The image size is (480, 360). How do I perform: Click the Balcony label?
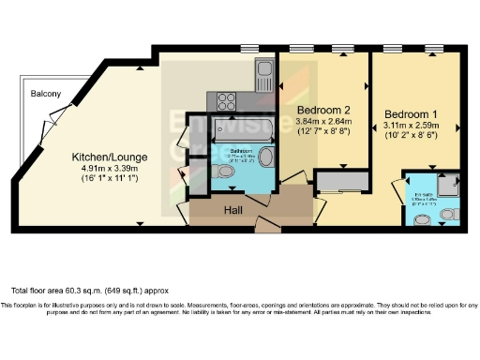tap(45, 94)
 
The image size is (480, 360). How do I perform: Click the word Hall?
tap(233, 212)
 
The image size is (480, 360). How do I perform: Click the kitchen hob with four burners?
tap(227, 99)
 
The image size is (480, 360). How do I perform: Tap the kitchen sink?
tap(263, 71)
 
